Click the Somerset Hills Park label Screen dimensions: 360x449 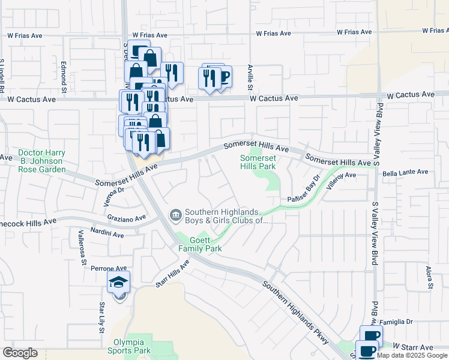coord(258,162)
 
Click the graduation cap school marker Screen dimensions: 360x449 coord(118,283)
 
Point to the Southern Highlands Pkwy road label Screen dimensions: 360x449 coord(295,312)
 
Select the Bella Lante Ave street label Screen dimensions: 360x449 coord(405,172)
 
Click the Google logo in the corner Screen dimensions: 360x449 coord(20,353)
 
